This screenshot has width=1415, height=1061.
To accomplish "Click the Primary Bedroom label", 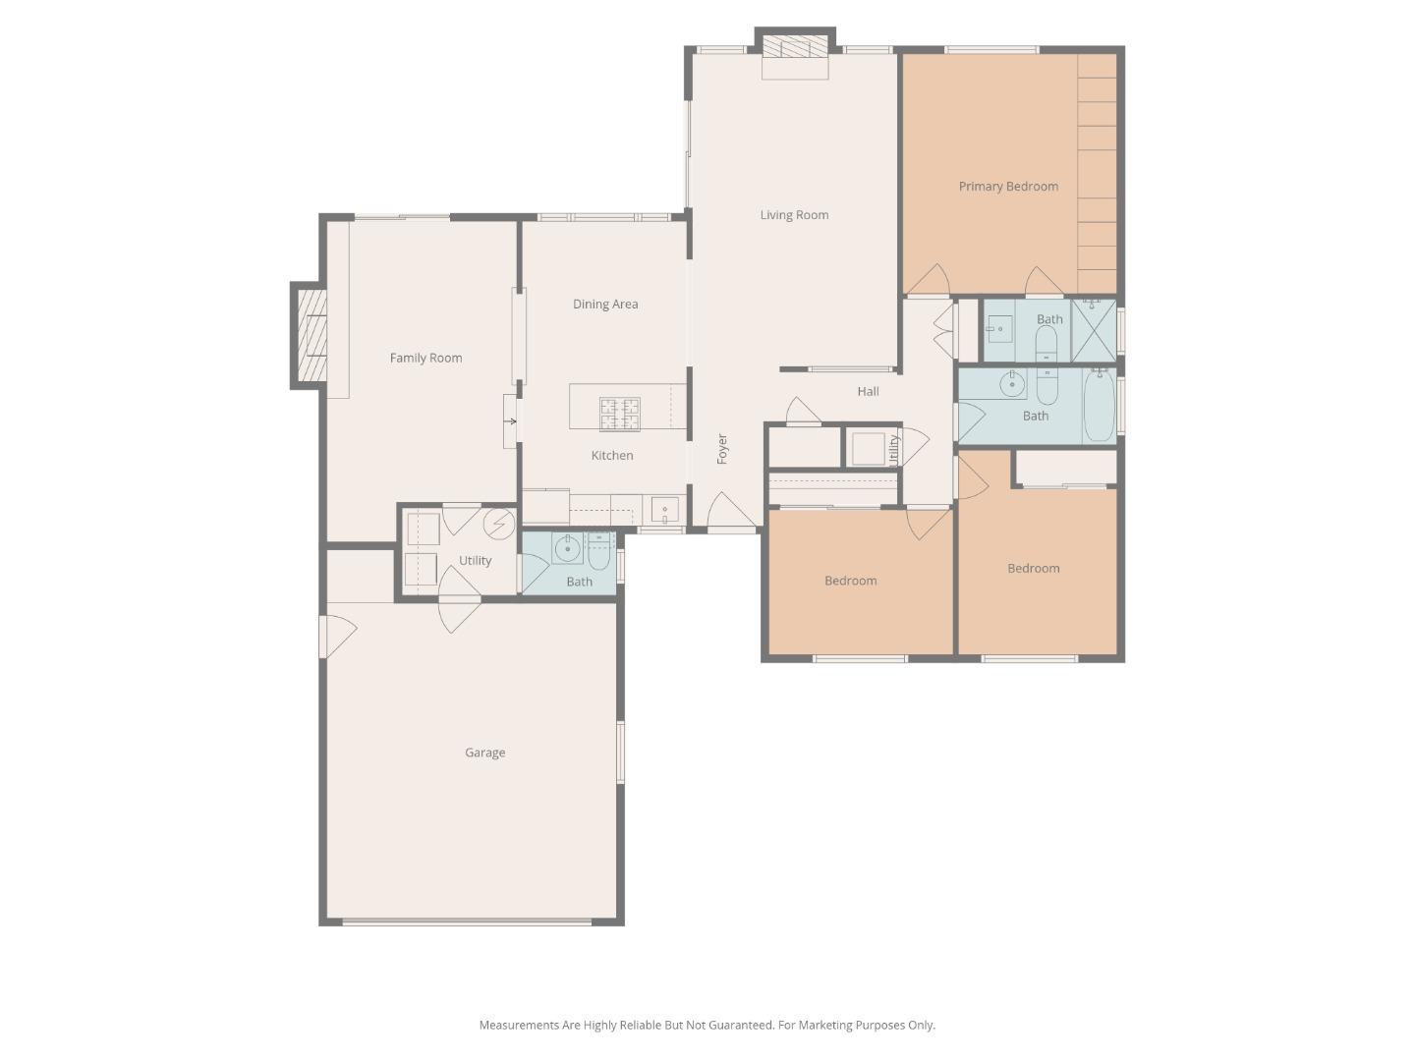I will (x=1008, y=187).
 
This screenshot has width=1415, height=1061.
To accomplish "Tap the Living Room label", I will (x=794, y=215).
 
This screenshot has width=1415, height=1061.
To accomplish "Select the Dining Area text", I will (x=605, y=305).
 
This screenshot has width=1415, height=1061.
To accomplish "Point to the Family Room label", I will (x=425, y=359).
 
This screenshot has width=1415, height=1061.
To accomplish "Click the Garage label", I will (x=484, y=754).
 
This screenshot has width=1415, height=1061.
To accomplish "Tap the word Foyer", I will (x=722, y=449).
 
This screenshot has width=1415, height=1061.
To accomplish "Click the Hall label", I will (x=868, y=392).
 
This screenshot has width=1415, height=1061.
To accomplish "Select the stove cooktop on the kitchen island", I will (x=620, y=415).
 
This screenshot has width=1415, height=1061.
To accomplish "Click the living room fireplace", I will (x=795, y=49).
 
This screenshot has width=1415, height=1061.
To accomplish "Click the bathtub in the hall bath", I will (x=1099, y=406).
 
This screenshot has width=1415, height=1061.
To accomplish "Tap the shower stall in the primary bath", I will (x=1094, y=330).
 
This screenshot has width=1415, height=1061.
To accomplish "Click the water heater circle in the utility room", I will (x=499, y=523).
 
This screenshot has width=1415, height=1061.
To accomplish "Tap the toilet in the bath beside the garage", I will (x=599, y=552).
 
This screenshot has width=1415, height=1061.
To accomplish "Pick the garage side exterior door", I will (x=334, y=637).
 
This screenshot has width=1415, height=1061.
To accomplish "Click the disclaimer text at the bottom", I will (x=707, y=1026).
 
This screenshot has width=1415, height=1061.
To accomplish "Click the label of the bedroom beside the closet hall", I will (x=850, y=582).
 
